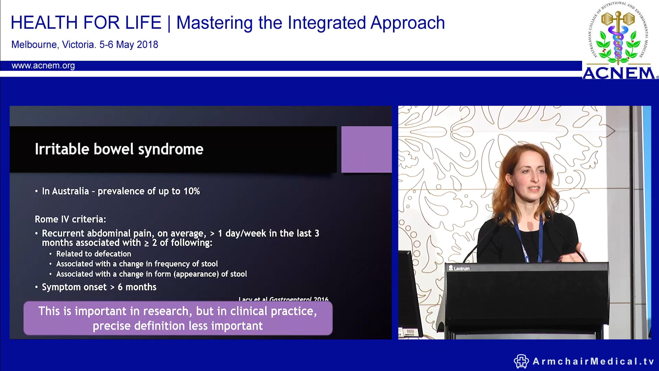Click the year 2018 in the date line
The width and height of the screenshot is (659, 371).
(x=147, y=45)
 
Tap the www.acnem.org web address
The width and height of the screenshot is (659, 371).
(x=43, y=66)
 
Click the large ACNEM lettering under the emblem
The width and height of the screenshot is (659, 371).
(x=618, y=73)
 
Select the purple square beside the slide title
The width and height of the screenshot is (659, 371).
(x=366, y=149)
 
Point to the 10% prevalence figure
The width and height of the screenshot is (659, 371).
(x=192, y=191)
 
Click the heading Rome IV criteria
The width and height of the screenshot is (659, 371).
(x=70, y=219)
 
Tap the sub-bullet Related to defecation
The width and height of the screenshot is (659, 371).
(x=93, y=254)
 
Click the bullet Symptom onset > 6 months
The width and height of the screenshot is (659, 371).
(x=99, y=287)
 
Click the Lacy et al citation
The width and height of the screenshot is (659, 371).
(x=283, y=299)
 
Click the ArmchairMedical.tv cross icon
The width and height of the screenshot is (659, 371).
(x=521, y=361)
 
